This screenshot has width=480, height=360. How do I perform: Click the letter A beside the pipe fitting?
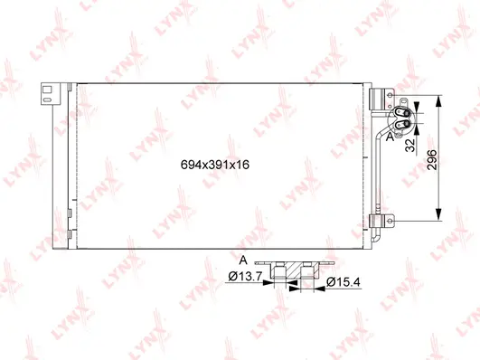pos(390,138)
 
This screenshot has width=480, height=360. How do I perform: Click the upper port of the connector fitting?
pos(401,106)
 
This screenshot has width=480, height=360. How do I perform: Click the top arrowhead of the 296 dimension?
pos(440,98)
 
